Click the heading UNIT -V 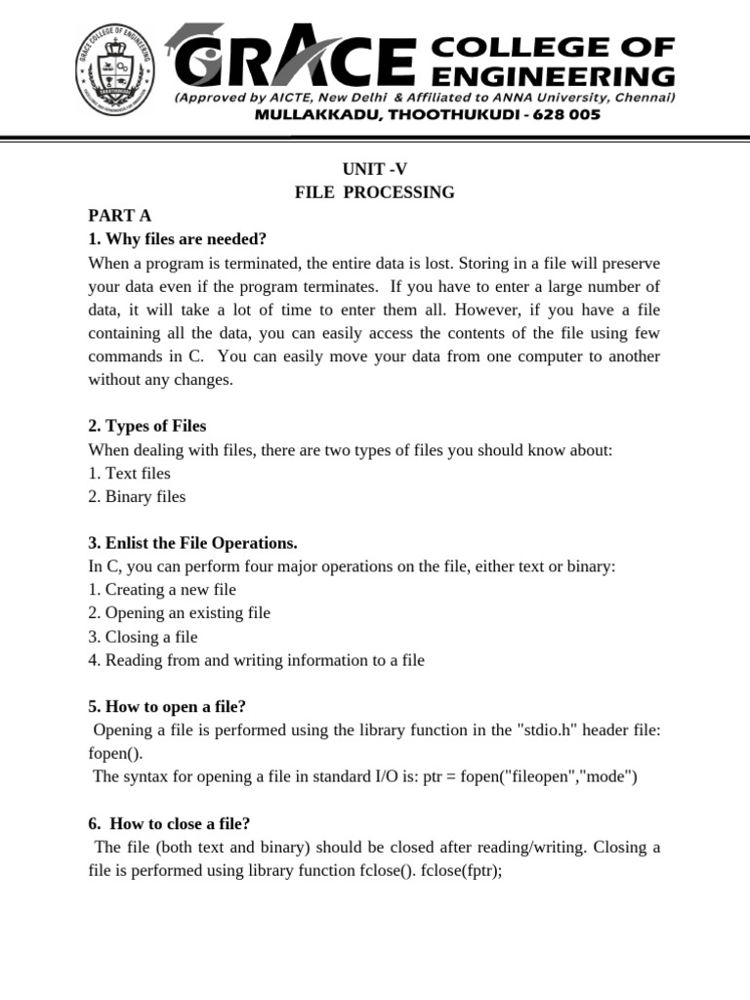coord(374,169)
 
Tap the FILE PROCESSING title coord(374,192)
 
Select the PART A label coord(119,216)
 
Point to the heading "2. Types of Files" coord(147,426)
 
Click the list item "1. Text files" coord(129,473)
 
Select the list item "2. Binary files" coord(137,496)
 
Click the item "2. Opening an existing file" coord(179,613)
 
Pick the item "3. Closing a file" coord(143,637)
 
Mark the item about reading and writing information coord(256,660)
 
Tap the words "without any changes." coord(161,380)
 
